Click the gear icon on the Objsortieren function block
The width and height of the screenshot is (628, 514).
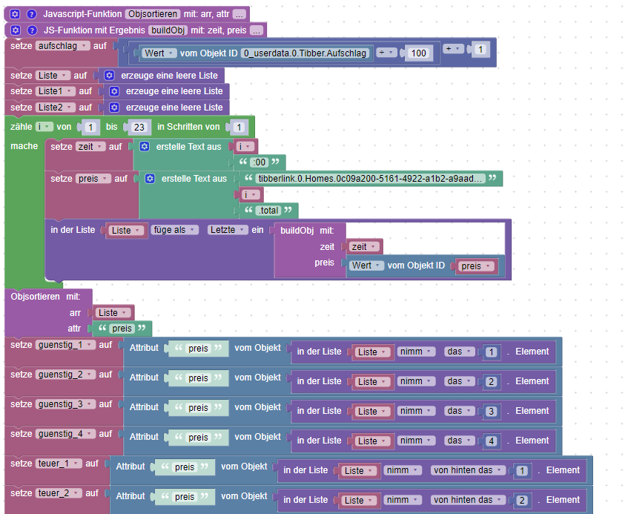click(16, 14)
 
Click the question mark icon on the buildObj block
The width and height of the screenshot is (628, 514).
click(32, 30)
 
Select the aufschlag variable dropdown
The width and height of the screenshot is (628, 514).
click(62, 46)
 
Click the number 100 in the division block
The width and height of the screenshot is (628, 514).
click(419, 53)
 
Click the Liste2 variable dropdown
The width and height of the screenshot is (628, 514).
click(56, 107)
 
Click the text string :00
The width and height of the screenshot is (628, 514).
click(259, 162)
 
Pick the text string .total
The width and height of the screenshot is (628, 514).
click(271, 210)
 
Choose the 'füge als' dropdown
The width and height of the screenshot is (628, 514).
click(175, 230)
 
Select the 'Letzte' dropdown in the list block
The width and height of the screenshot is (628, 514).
click(226, 230)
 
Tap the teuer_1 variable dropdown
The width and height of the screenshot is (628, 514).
click(58, 464)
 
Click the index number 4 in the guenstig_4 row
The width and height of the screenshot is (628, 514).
click(491, 441)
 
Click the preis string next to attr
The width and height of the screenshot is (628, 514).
click(121, 329)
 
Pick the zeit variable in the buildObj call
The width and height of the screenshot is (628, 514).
click(365, 247)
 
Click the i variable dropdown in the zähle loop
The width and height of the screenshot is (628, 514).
click(43, 127)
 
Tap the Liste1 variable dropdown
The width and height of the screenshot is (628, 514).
click(56, 91)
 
